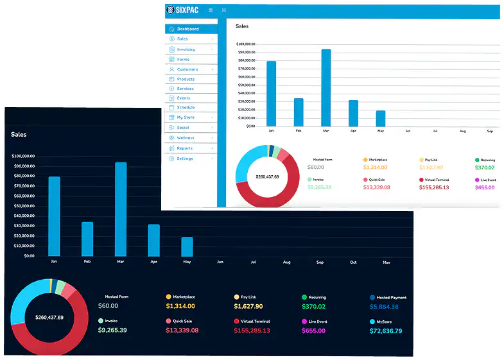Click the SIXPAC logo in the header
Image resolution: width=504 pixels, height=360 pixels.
(182, 10)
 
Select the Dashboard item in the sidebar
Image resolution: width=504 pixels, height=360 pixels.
(187, 29)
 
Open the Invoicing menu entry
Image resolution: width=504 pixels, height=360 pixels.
(186, 49)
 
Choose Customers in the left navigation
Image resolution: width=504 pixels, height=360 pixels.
(187, 69)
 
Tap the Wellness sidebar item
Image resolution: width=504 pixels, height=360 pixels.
(186, 138)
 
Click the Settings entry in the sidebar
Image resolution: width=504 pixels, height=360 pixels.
(185, 159)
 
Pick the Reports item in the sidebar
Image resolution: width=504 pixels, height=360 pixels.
(185, 148)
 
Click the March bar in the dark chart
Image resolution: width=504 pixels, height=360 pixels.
(121, 209)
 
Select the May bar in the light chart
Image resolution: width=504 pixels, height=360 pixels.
(381, 119)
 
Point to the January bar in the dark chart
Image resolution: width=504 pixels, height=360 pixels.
(54, 216)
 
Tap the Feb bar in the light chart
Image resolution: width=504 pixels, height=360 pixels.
(299, 112)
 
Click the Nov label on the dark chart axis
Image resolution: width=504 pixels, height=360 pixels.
(387, 262)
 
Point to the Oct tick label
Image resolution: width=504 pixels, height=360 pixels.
(353, 262)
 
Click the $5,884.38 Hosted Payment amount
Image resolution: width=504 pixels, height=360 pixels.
(384, 307)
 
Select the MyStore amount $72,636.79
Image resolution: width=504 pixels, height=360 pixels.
(386, 331)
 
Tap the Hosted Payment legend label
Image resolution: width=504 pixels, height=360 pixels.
(391, 298)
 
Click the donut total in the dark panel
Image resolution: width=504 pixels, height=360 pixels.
(49, 318)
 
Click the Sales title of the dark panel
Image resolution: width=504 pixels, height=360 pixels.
(19, 135)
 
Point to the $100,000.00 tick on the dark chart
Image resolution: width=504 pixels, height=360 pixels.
(23, 156)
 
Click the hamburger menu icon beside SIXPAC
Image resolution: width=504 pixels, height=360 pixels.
(211, 10)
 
